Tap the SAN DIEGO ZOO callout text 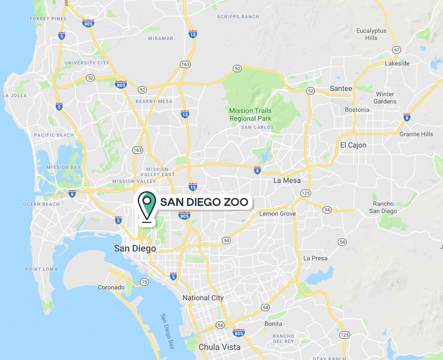(x=204, y=202)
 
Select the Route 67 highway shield (x=395, y=50)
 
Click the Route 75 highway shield (x=144, y=282)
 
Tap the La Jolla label (x=14, y=96)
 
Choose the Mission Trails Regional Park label (x=250, y=114)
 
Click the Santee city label (x=341, y=88)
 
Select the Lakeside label (x=397, y=63)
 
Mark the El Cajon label (x=353, y=145)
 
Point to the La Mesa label (x=287, y=181)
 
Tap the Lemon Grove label (x=277, y=213)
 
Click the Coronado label (x=111, y=287)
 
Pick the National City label (x=203, y=298)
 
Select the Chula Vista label (x=219, y=347)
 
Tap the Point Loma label (x=41, y=269)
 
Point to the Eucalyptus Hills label (x=371, y=34)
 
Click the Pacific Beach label (x=54, y=135)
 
